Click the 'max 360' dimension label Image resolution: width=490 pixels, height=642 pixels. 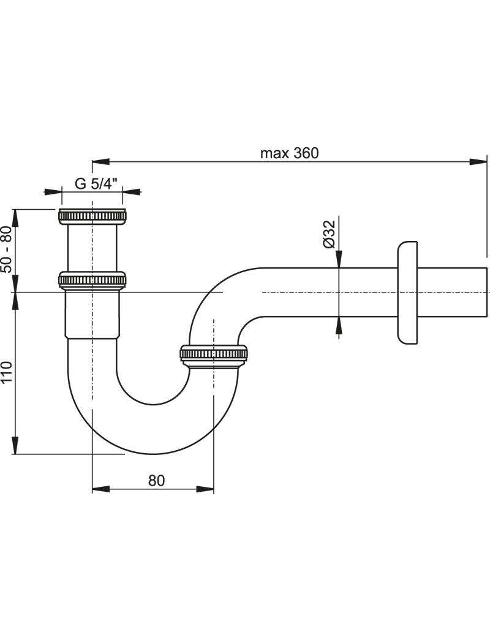coord(289,153)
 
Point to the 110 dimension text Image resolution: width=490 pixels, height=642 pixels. coord(7,372)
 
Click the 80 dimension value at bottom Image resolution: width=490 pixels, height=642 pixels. coord(156,480)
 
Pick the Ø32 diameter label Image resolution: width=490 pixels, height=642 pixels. coord(329,234)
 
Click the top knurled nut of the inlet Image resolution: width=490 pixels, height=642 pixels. coord(92,217)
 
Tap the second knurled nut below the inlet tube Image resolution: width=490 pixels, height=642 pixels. coord(92,280)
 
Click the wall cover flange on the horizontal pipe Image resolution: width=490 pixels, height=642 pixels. coord(407,292)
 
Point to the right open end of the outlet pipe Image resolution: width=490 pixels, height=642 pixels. coord(487,292)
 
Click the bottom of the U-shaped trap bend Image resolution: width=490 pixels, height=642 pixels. coord(153,454)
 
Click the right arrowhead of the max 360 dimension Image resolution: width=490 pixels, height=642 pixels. coord(478,162)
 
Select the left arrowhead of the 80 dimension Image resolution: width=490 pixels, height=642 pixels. coord(102,489)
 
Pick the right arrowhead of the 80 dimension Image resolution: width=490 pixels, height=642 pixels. coord(205,489)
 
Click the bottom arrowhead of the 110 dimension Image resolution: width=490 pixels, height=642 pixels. coord(15,445)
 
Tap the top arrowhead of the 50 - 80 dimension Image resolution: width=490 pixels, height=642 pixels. coord(15,218)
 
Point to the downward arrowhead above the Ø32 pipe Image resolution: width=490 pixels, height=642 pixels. coord(339,259)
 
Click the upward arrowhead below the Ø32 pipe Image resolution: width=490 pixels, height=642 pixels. coord(339,326)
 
